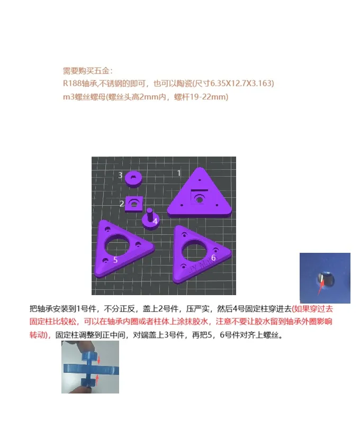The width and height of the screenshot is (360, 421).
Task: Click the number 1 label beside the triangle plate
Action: [179, 173]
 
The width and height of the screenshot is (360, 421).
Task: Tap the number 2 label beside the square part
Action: [122, 204]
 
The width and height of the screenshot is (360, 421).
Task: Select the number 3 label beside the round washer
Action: [121, 175]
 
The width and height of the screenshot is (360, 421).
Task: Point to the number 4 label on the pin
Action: [155, 221]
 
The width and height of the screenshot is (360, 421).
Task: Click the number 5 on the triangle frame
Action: [115, 260]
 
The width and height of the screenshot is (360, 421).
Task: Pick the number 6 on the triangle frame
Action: [213, 258]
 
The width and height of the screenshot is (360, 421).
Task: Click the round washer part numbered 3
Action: [133, 179]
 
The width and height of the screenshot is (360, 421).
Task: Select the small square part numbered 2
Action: [134, 204]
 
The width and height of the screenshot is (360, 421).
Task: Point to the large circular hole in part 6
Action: [195, 250]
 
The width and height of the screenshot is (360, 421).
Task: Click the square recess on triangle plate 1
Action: [199, 198]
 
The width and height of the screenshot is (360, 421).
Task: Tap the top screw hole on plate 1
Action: [200, 180]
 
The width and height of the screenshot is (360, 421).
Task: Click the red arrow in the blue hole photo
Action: [321, 287]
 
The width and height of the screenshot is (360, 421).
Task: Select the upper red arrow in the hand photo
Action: [98, 360]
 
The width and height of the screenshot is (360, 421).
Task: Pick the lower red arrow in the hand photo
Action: [97, 379]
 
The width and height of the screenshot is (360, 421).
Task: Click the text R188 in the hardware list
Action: [73, 83]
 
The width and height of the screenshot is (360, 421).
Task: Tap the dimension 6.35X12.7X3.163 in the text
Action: [241, 83]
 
